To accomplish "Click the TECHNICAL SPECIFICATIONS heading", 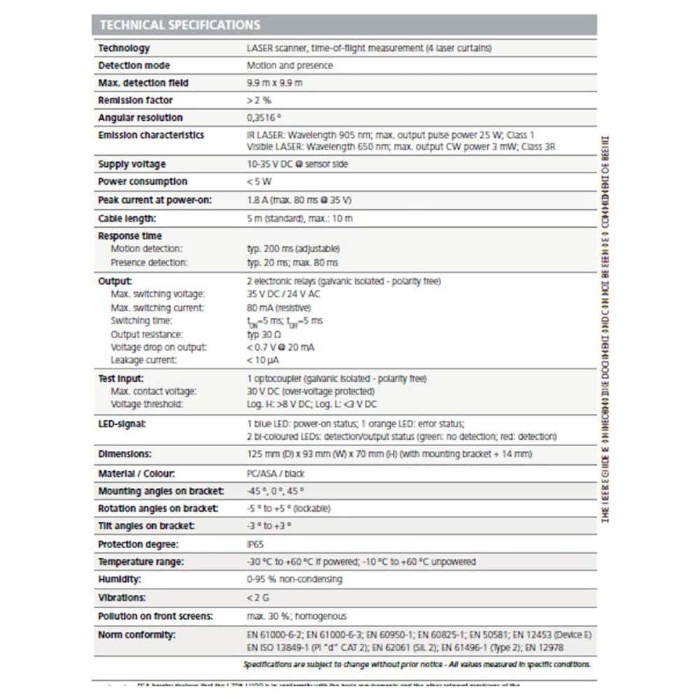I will coord(180,25).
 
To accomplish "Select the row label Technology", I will coord(124,48).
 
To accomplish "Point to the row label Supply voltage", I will coord(131,164).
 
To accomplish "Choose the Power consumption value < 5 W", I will coord(259,182).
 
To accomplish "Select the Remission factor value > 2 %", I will coord(259,101).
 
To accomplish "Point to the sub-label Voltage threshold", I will coord(147,404).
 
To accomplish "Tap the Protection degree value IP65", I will coord(255,545).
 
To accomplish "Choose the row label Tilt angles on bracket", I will coord(146,526).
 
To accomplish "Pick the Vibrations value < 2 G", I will coord(257,598).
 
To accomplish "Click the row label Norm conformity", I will coord(136,635).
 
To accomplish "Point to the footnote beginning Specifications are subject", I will coord(417,665).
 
